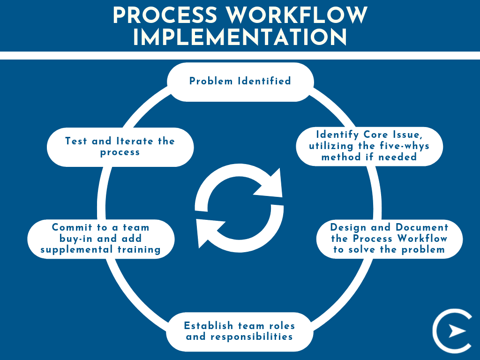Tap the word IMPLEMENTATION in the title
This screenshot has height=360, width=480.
click(240, 37)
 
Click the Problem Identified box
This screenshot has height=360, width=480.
click(240, 82)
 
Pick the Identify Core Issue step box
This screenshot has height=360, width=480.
click(369, 146)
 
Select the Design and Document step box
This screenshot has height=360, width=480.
click(389, 239)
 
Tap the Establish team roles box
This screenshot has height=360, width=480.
click(240, 331)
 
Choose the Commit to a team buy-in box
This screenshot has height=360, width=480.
click(100, 239)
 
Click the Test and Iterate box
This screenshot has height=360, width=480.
click(120, 147)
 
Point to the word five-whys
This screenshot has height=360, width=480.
click(403, 146)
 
